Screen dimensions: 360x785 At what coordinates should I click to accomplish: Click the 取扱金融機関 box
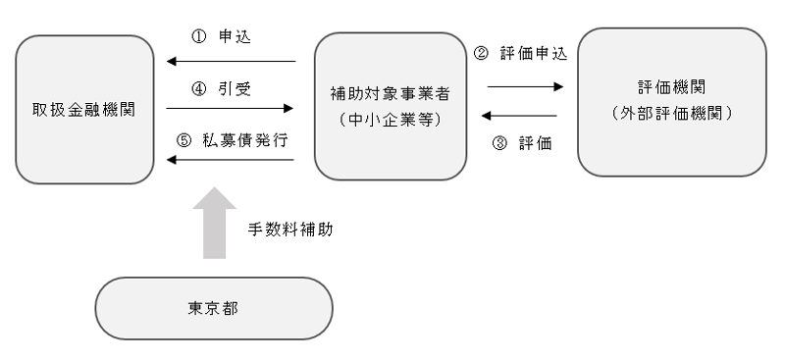pos(84,109)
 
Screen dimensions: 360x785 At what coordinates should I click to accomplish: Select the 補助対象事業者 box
pos(390,107)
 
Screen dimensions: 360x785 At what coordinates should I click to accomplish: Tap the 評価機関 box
pos(671,102)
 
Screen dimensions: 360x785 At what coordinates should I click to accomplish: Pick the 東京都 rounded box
pos(213,308)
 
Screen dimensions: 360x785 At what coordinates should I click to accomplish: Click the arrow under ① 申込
pos(232,62)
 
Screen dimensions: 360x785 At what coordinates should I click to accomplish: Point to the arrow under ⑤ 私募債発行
pos(232,159)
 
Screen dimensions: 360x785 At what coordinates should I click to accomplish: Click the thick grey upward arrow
pos(213,223)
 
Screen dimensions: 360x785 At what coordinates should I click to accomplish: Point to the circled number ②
pos(480,54)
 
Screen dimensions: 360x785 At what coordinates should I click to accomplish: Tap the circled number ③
pos(500,142)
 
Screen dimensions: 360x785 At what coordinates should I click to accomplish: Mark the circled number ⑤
pos(183,138)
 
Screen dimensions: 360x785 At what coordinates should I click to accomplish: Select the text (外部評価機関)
pos(671,114)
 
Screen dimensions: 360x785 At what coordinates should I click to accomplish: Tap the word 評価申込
pos(533,54)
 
